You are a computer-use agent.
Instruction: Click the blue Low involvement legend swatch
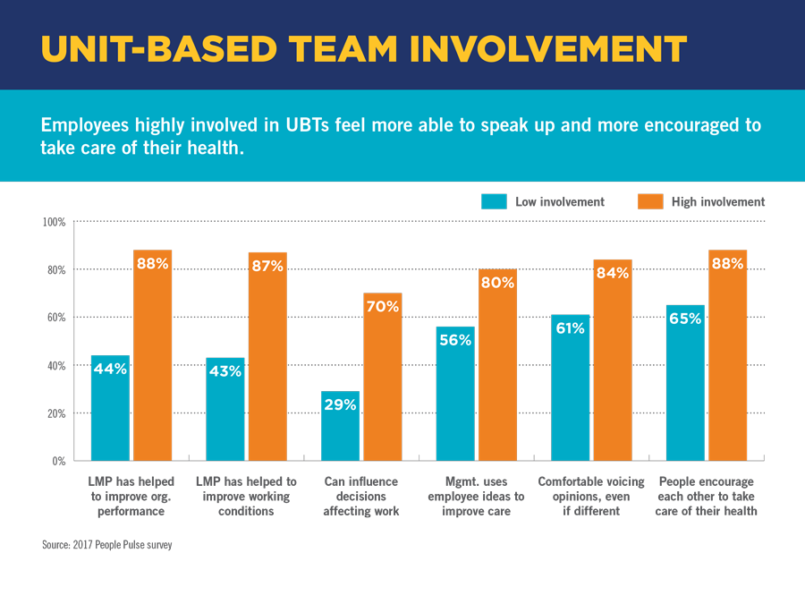tap(495, 201)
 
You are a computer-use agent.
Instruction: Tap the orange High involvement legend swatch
tap(650, 201)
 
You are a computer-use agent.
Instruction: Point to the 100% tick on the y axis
tap(55, 221)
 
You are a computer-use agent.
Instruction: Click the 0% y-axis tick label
tap(58, 461)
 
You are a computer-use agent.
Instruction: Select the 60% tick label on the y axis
tap(56, 318)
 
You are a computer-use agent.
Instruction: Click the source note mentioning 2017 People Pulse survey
tap(106, 545)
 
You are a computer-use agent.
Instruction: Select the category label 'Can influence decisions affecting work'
tap(361, 497)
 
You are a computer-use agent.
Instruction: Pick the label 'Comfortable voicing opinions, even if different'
tap(591, 497)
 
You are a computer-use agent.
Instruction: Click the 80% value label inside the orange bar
tap(497, 283)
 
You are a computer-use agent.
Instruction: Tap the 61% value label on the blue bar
tap(570, 328)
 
